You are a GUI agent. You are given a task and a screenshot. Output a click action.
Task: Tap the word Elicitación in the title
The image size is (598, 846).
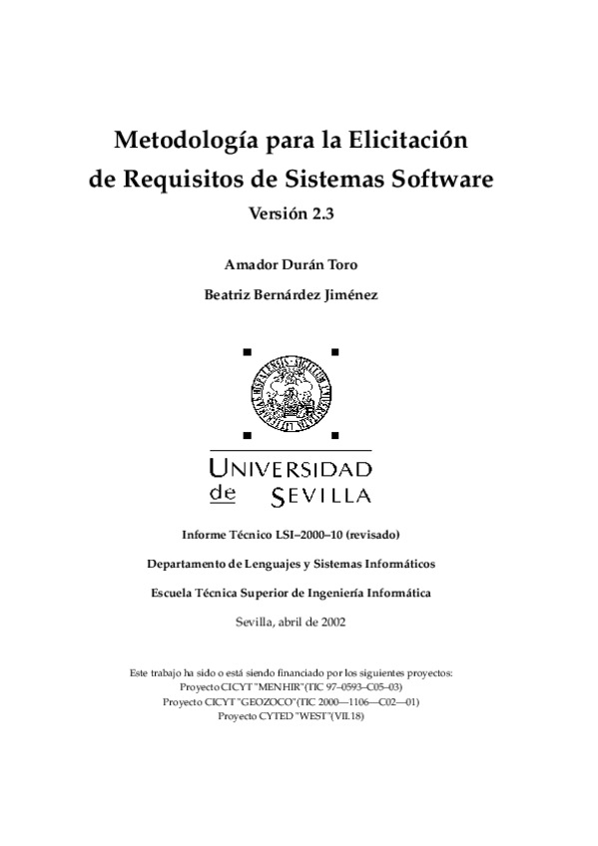[406, 140]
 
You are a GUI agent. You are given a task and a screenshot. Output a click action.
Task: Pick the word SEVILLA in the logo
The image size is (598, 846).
[320, 496]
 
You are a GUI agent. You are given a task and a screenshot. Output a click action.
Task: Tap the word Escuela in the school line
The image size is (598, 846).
[173, 593]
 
